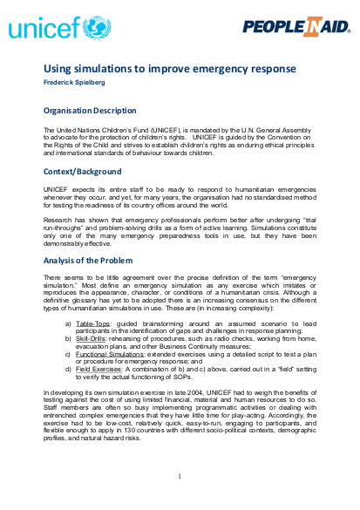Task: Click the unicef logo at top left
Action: (x=53, y=28)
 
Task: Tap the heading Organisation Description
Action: (x=90, y=111)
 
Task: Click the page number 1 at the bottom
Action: (x=180, y=476)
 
